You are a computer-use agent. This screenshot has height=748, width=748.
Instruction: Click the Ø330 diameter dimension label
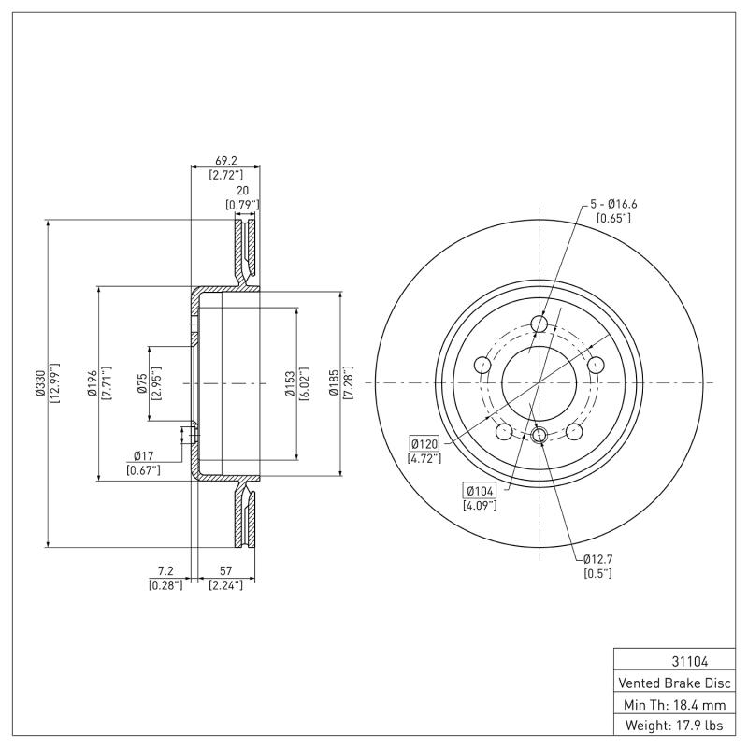[40, 383]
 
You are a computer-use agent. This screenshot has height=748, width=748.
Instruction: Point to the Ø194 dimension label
[92, 383]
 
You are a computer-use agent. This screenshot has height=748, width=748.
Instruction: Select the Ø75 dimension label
[140, 383]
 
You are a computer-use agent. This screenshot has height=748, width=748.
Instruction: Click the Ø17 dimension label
[143, 457]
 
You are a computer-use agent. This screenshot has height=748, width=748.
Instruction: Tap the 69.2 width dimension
[224, 160]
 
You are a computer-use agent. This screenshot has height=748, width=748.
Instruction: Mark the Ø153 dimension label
[290, 383]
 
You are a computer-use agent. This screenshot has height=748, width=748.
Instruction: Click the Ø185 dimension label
[334, 383]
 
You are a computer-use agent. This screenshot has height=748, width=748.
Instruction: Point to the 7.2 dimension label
[165, 570]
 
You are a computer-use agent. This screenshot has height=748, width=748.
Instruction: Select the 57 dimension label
[224, 570]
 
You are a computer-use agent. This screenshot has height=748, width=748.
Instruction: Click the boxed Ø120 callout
[424, 443]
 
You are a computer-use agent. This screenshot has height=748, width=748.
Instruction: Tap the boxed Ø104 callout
[480, 491]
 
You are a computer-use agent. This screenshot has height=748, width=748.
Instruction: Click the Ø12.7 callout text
[597, 558]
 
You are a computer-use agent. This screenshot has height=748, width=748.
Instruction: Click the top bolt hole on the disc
[539, 324]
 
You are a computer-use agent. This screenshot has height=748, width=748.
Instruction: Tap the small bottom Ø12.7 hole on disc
[539, 435]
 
